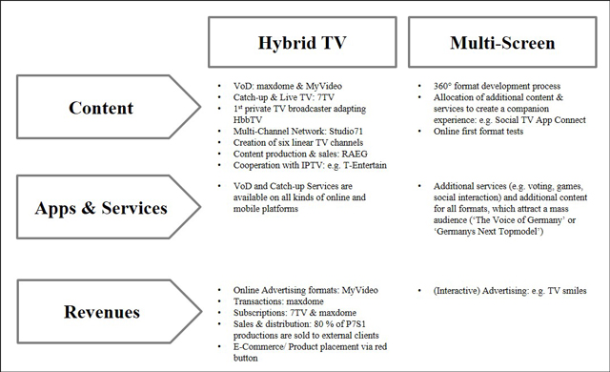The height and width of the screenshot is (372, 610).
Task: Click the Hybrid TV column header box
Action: tap(302, 42)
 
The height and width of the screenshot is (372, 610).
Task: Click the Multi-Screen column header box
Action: tap(502, 42)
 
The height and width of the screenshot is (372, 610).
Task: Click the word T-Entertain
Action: tap(365, 165)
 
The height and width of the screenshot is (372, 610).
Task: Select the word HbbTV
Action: tap(248, 120)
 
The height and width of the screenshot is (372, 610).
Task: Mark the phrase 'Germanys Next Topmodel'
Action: tap(488, 232)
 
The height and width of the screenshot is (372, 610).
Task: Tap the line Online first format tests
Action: tap(478, 131)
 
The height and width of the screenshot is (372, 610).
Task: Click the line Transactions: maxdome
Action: tap(278, 301)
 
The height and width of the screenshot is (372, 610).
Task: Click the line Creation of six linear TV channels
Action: tap(298, 142)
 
